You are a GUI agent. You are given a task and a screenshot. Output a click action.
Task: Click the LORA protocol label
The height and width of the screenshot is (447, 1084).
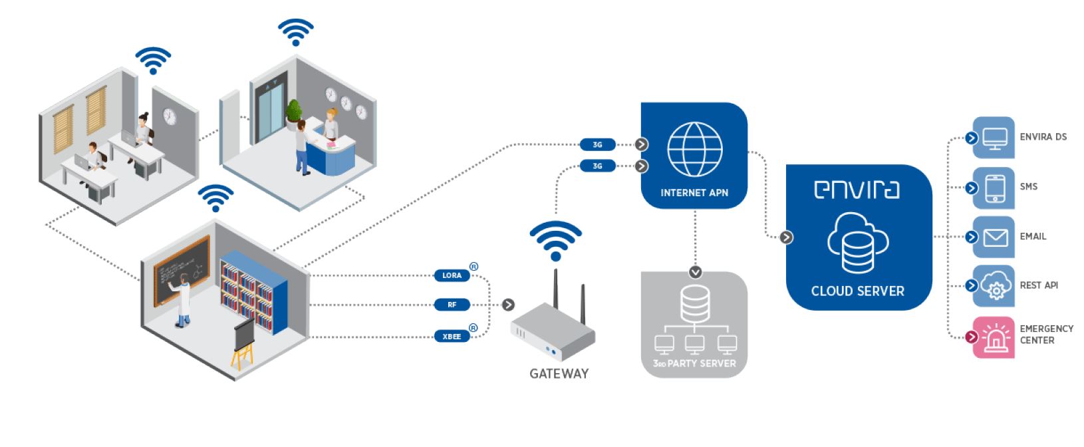(452, 275)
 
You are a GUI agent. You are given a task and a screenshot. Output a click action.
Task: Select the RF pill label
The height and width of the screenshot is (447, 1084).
(452, 305)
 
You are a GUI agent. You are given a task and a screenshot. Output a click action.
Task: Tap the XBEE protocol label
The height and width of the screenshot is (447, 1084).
(452, 337)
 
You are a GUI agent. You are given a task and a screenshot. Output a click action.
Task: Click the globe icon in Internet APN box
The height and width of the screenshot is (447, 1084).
(694, 149)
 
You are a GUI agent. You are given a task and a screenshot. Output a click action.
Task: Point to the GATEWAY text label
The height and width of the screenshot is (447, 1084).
(559, 374)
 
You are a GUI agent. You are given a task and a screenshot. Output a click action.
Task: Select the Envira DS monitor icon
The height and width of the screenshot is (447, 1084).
(995, 138)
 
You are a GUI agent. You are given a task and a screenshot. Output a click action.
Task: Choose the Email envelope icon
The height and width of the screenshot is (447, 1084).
(995, 237)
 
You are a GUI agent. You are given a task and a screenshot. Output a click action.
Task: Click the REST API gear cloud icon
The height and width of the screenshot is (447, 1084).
(995, 287)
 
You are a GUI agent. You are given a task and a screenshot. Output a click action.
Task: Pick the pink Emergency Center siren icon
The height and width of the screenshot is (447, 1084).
(995, 338)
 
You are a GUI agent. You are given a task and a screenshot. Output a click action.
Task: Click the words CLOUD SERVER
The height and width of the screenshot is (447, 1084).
(857, 291)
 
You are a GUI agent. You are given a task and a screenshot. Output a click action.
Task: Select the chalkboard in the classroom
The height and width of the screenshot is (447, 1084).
(182, 269)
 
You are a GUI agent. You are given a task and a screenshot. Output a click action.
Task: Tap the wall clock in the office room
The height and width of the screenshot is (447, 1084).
(170, 116)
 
